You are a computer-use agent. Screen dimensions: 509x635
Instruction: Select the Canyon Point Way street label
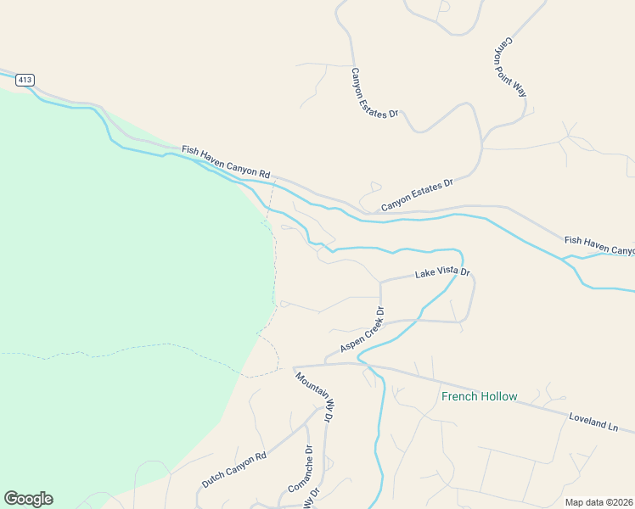coord(512,66)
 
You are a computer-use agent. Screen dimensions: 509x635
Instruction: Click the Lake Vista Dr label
coord(441,273)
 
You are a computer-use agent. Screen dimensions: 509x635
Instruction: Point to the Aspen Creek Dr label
coord(362,330)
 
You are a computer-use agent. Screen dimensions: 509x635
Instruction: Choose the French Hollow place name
coord(479,396)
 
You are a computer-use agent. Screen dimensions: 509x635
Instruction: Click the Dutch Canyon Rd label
coord(233,469)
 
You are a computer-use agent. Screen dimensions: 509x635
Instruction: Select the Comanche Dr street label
coord(301,470)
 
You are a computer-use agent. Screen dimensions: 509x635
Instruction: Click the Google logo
coord(28,499)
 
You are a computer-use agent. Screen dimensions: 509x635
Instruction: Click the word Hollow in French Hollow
coord(498,396)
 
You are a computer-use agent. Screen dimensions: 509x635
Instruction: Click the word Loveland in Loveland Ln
coord(586,417)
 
